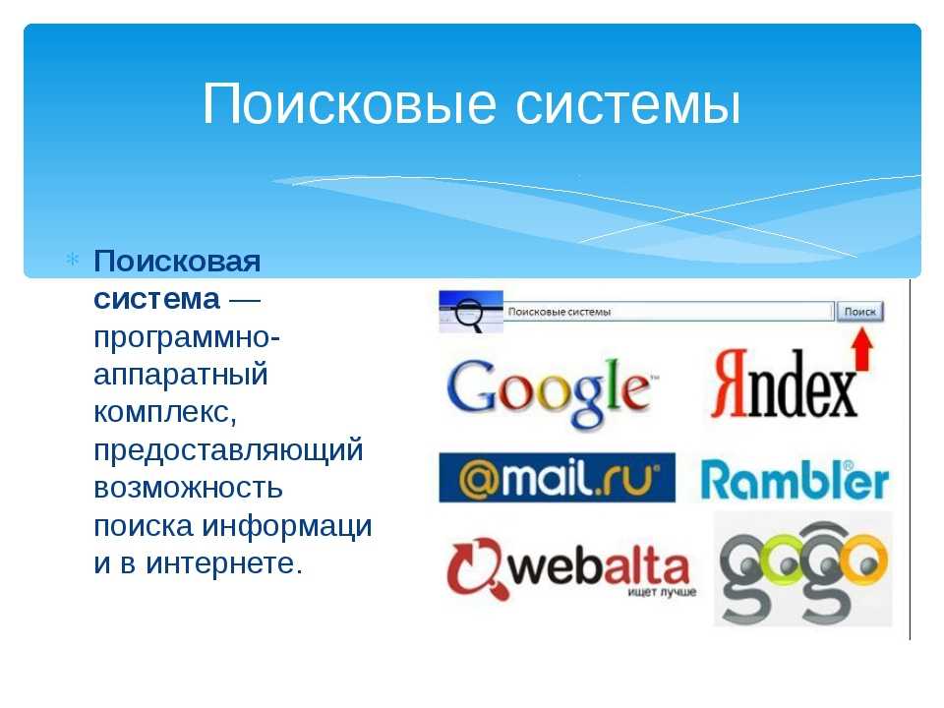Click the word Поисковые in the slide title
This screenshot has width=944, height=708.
349,103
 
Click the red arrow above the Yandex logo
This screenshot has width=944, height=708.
862,348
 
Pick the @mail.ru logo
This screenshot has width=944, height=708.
557,478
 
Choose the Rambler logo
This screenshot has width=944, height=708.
795,481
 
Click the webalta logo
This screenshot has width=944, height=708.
570,568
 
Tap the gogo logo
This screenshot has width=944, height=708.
803,569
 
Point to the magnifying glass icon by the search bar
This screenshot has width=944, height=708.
469,313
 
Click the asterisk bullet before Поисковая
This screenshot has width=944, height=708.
72,260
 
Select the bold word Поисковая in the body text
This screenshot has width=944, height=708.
177,262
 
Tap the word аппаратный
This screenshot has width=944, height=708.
181,375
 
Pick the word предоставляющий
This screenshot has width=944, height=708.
228,450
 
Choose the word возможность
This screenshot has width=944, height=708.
188,489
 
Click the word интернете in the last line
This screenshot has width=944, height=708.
224,563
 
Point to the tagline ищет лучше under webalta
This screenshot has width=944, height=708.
662,592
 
